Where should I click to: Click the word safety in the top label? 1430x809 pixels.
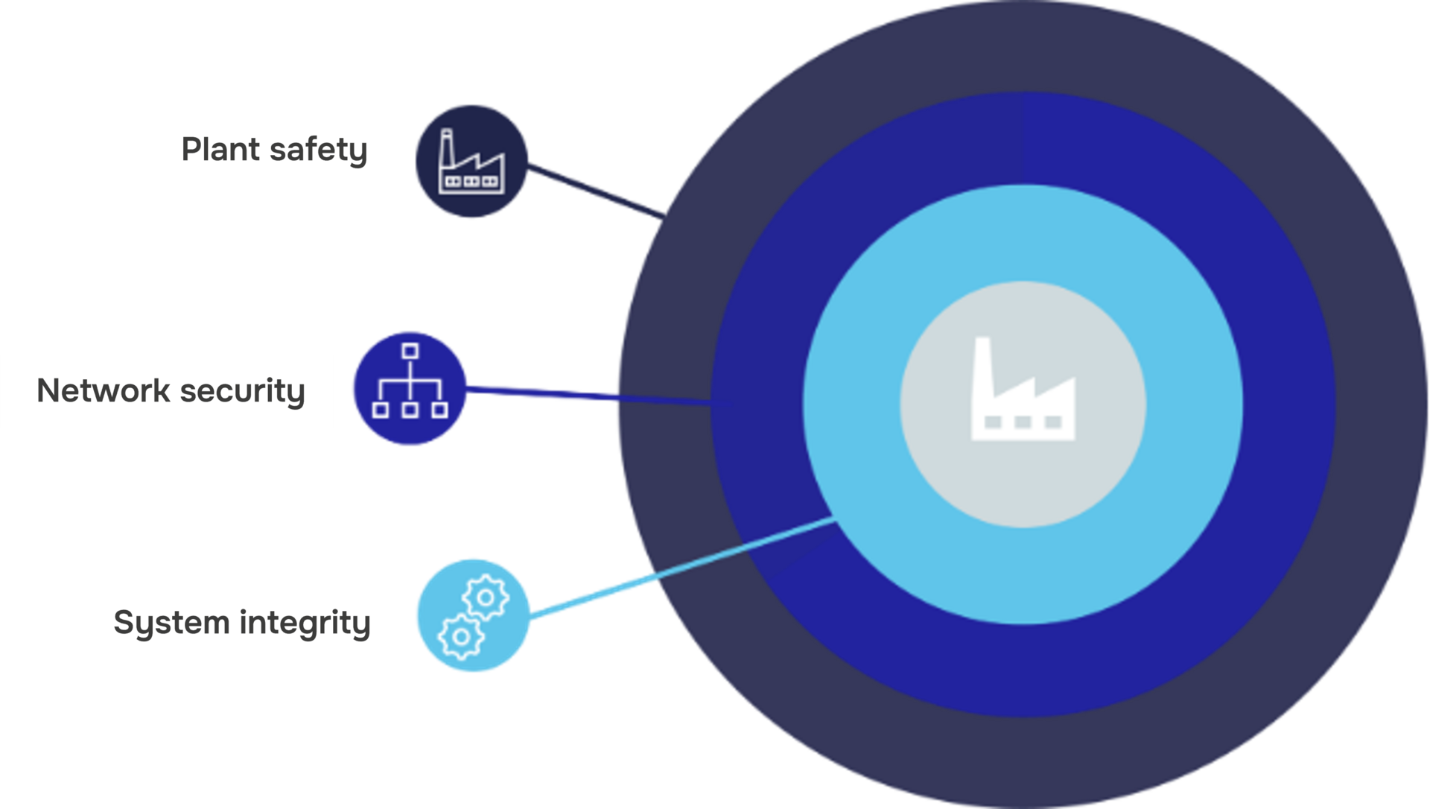point(319,151)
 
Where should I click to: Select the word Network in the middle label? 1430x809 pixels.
point(104,391)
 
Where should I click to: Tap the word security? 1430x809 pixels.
point(243,393)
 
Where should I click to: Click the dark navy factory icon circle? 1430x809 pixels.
point(471,161)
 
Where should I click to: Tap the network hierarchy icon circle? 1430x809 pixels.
point(410,388)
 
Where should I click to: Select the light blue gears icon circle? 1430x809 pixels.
point(473,615)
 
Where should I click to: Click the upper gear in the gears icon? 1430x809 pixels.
point(486,597)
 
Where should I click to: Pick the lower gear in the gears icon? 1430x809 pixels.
point(461,637)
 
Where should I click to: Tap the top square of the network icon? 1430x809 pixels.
point(410,351)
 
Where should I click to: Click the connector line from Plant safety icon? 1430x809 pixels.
point(596,191)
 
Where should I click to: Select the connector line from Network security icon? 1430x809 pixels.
point(600,396)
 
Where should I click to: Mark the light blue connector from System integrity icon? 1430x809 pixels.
point(683,567)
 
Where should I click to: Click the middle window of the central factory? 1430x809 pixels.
point(1023,422)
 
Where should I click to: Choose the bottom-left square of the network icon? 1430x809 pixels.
point(380,410)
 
